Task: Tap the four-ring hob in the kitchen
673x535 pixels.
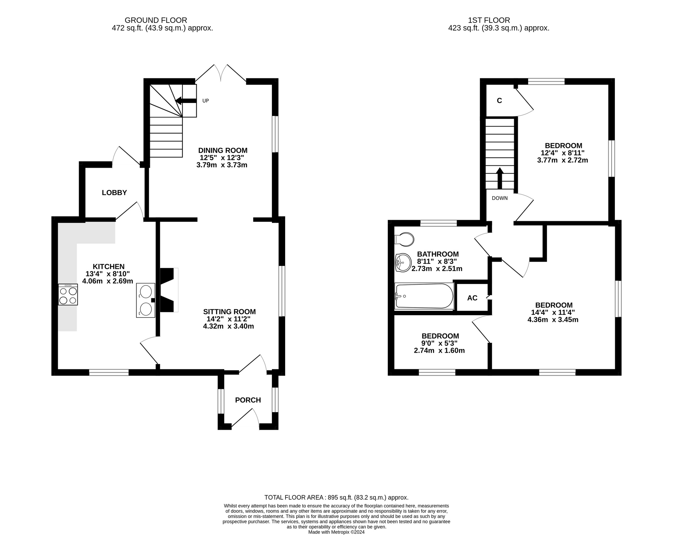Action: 68,295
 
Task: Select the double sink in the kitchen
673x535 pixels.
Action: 146,300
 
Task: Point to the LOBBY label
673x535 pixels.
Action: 114,193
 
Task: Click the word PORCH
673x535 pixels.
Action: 248,400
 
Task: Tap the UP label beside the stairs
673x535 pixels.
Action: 205,101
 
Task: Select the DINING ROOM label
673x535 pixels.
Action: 223,150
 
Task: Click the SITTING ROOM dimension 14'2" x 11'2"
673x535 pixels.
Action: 228,319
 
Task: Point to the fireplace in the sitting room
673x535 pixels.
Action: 169,290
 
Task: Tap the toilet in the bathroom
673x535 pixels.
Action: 404,239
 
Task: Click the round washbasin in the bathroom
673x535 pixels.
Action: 403,263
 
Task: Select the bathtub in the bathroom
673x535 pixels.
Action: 424,296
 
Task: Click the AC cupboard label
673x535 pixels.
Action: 472,298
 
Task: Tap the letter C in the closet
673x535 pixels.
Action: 499,101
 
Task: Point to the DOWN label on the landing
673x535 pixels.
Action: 500,198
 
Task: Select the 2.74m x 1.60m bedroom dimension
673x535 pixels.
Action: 439,350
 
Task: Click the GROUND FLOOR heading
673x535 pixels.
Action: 156,20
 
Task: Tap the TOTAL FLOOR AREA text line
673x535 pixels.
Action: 336,497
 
